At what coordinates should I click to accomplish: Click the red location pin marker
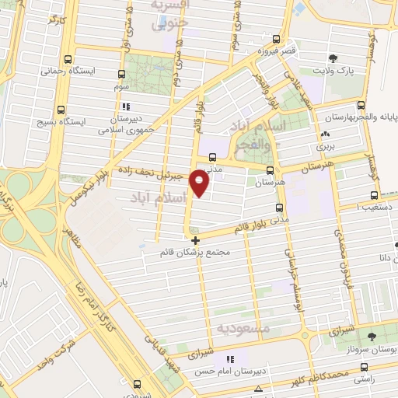coord(201,183)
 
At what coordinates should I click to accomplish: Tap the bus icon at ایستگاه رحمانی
coord(71,59)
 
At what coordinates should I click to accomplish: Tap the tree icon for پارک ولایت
coord(333,58)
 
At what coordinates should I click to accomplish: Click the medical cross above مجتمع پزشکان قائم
coord(195,240)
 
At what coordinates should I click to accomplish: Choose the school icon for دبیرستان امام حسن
coord(229,359)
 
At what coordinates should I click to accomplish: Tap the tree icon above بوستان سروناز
coord(373,336)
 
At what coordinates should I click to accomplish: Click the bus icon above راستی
coord(358,366)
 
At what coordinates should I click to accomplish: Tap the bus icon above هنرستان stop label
coord(270,171)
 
